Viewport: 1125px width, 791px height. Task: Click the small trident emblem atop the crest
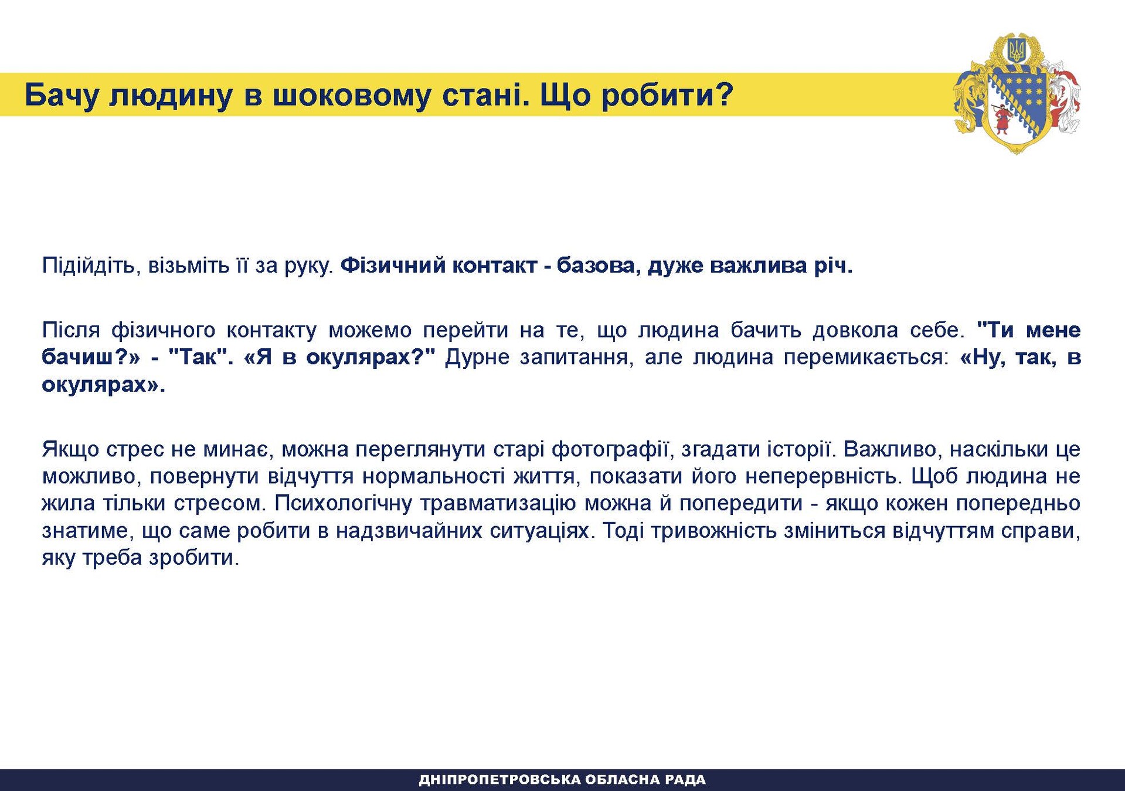[1017, 50]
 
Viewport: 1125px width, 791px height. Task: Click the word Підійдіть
[88, 266]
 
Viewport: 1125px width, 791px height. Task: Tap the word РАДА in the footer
[686, 780]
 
